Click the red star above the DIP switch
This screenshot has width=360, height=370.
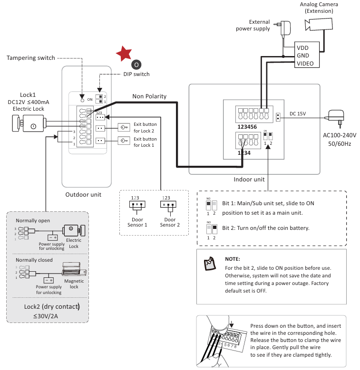[x=125, y=54]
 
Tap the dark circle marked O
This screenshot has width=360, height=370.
[x=136, y=64]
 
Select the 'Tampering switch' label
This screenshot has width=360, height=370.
[x=31, y=58]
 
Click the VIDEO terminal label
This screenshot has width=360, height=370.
[x=305, y=63]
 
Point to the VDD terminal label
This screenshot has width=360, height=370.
[x=302, y=48]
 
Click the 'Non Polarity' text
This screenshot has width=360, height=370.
[x=149, y=96]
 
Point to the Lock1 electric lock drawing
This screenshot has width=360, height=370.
[x=30, y=124]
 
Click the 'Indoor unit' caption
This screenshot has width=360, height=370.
[x=249, y=180]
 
